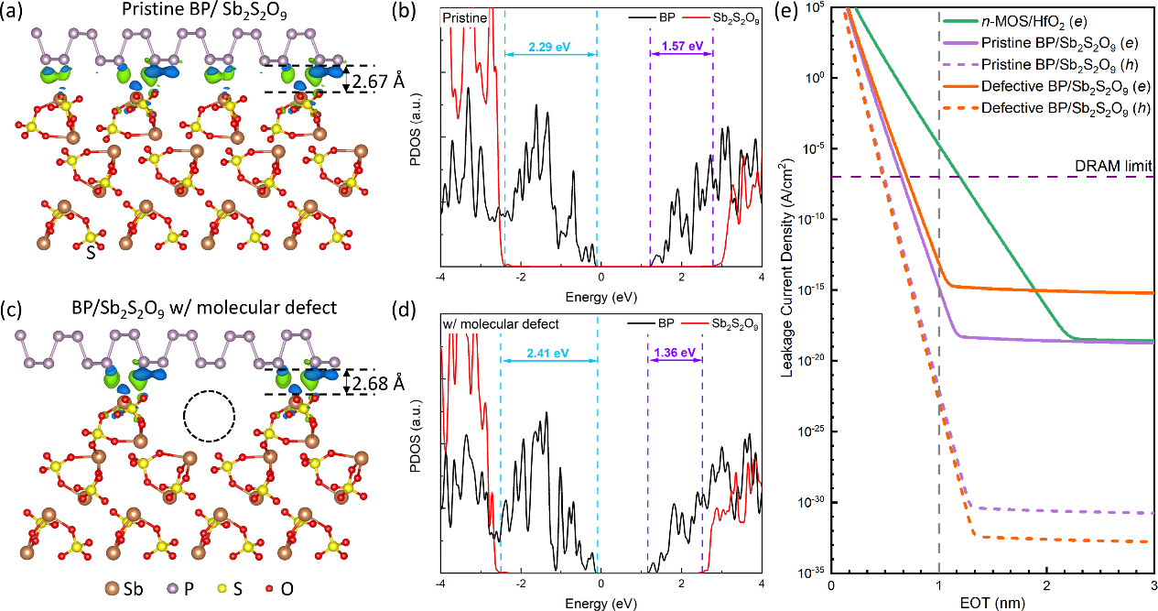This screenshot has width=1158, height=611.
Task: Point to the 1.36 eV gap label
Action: (x=675, y=351)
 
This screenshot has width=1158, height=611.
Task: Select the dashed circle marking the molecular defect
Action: (x=210, y=419)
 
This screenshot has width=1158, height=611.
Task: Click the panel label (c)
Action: (x=14, y=310)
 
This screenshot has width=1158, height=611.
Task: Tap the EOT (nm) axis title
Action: (x=991, y=603)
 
